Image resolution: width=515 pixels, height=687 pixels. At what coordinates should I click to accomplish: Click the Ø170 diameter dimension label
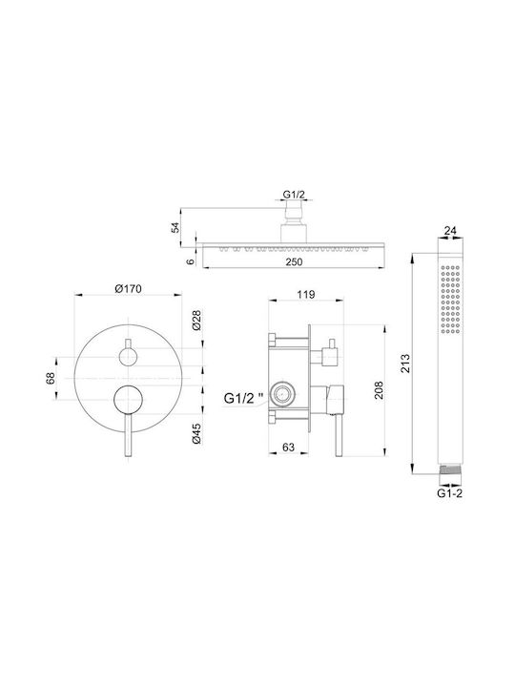click(129, 289)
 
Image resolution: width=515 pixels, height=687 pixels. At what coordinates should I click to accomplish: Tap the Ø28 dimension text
click(196, 321)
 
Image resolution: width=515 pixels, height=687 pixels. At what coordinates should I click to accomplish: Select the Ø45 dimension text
click(196, 434)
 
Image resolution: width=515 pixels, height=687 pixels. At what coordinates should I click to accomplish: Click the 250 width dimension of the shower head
click(294, 261)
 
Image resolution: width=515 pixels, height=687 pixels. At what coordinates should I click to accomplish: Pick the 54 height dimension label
click(175, 228)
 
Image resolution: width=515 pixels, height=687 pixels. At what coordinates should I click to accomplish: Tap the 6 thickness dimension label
click(190, 261)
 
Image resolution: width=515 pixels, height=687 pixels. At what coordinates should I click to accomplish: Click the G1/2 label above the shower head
click(294, 194)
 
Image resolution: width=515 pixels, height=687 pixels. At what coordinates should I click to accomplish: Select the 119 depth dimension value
click(305, 294)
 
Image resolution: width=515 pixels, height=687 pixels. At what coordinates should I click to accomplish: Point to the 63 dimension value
click(288, 447)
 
